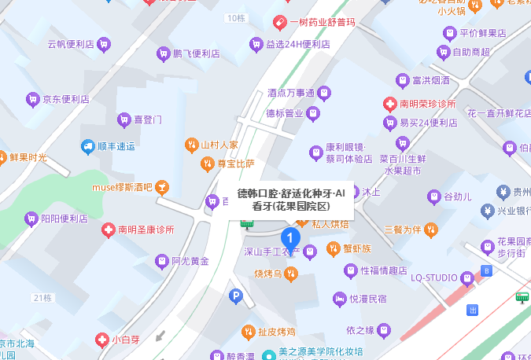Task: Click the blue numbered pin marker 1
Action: (289, 237)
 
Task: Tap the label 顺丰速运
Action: (116, 146)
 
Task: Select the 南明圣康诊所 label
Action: (146, 230)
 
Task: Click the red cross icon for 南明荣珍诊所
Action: (389, 104)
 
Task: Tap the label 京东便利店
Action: (66, 100)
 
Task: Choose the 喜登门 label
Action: (147, 120)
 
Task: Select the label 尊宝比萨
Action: (236, 163)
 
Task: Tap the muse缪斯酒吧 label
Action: (121, 187)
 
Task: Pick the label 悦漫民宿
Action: (368, 299)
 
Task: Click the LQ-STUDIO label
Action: (434, 277)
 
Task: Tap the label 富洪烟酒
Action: (431, 80)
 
